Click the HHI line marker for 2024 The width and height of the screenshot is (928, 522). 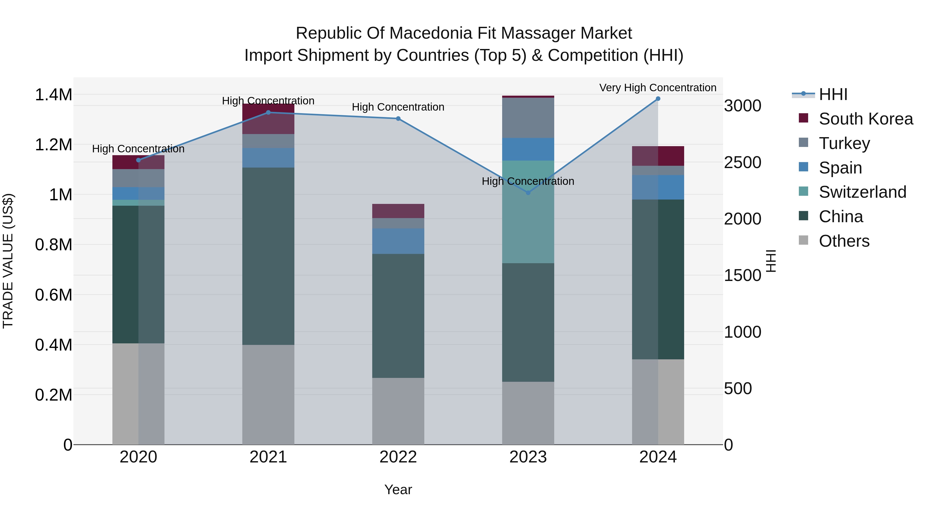658,99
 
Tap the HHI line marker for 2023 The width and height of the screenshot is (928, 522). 528,193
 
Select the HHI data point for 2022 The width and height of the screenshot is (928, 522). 398,119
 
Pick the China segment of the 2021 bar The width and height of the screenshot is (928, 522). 268,256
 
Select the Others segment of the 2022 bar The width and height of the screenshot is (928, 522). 398,411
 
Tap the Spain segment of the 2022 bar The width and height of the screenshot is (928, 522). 398,241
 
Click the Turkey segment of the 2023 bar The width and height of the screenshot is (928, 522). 528,118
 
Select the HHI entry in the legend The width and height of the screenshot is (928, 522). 833,94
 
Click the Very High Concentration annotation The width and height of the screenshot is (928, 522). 658,88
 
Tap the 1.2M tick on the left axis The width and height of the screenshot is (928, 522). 53,145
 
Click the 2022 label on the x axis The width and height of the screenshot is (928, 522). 398,457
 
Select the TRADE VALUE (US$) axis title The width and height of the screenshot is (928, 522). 8,261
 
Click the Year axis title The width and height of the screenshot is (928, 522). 398,490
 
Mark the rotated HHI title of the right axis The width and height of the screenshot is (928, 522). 771,261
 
